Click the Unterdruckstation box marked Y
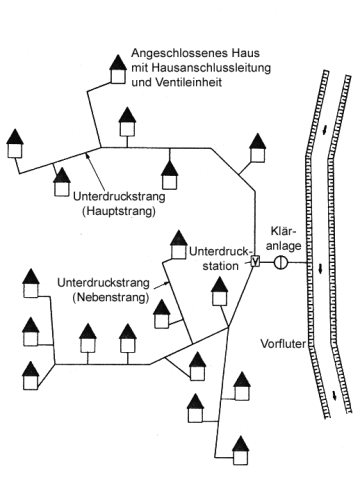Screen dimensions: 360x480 (x=255, y=262)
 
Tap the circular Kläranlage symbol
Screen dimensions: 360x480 (x=281, y=262)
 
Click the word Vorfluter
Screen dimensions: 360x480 (x=283, y=344)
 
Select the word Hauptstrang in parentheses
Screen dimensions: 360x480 (x=118, y=211)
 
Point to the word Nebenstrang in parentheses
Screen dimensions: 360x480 (x=110, y=298)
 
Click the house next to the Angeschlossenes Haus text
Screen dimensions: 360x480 (x=118, y=69)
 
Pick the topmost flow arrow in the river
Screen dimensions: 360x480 (x=325, y=131)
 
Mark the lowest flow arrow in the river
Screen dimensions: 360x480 (x=334, y=396)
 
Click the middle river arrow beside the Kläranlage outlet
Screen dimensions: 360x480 (x=320, y=269)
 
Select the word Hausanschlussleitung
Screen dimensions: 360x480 (x=211, y=68)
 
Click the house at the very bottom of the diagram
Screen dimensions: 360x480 (x=241, y=451)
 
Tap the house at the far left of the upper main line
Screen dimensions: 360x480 (x=15, y=143)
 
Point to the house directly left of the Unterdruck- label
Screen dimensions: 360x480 (x=179, y=245)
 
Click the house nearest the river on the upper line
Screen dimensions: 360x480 (x=258, y=148)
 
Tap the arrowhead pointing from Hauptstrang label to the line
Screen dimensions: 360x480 (x=87, y=154)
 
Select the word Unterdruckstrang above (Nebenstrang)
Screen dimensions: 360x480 (x=103, y=283)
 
